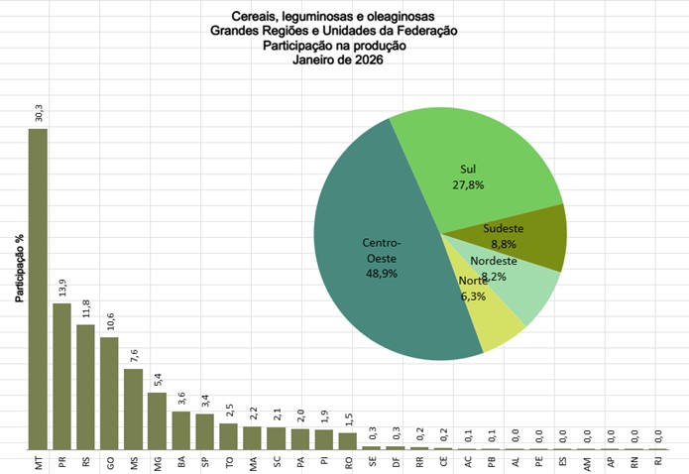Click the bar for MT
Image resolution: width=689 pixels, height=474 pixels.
pyautogui.click(x=38, y=289)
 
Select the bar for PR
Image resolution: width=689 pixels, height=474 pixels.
pyautogui.click(x=61, y=376)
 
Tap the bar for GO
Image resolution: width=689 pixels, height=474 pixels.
pyautogui.click(x=109, y=393)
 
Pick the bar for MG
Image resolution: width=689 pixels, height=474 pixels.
pyautogui.click(x=157, y=420)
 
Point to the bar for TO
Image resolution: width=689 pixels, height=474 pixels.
pyautogui.click(x=228, y=435)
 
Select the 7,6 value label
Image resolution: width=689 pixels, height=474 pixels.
pyautogui.click(x=134, y=355)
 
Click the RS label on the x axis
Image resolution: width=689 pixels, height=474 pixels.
pyautogui.click(x=86, y=461)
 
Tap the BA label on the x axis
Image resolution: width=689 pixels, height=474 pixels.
pyautogui.click(x=181, y=461)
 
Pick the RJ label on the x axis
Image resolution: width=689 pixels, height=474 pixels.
pyautogui.click(x=658, y=461)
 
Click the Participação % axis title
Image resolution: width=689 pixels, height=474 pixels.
pyautogui.click(x=19, y=268)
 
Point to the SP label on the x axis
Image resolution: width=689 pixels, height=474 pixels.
pyautogui.click(x=205, y=461)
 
